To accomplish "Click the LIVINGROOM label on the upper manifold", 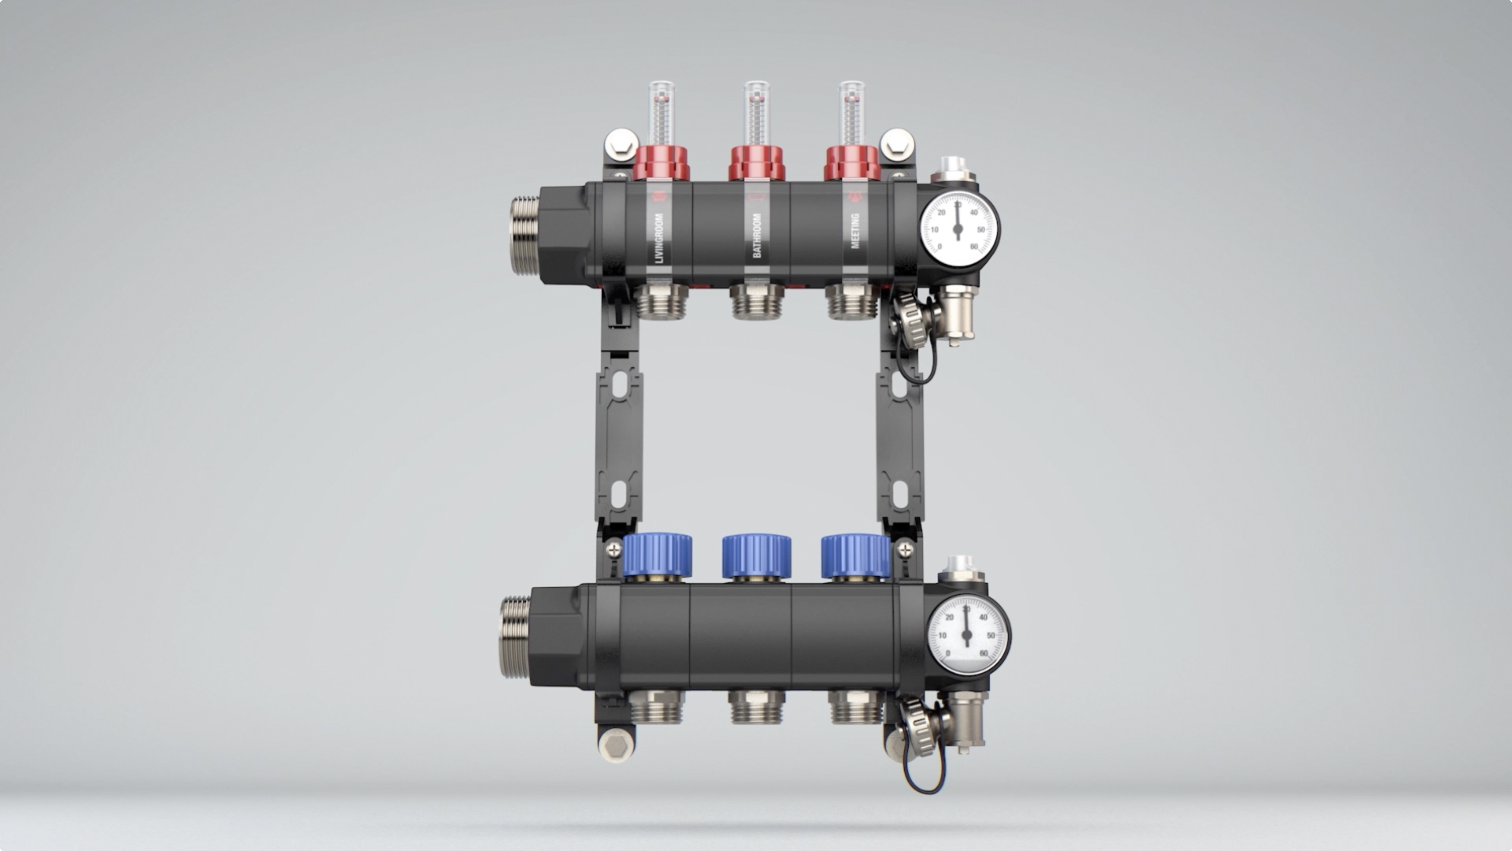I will coord(659,238).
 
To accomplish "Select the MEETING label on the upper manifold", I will coord(855,231).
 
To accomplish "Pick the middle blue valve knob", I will coord(756,556).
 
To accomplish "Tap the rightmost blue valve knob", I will coord(855,556).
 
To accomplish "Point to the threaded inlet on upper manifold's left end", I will coord(524,235).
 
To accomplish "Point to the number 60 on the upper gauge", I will coord(974,247).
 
